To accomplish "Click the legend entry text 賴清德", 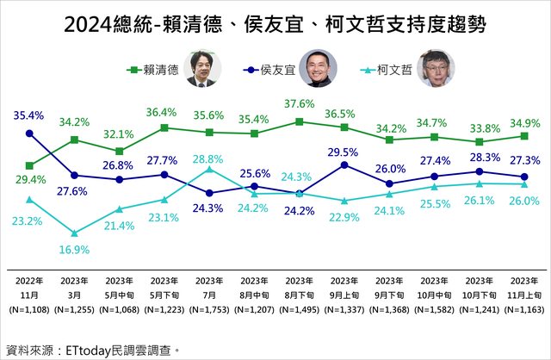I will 164,71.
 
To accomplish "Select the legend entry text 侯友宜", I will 289,71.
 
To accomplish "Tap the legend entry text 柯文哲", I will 396,71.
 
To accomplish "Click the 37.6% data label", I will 300,105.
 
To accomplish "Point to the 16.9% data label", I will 76,251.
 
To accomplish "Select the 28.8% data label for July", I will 209,159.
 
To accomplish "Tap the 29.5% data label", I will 344,152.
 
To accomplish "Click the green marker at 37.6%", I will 299,121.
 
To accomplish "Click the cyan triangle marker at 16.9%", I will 75,233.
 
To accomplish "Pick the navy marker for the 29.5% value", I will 344,164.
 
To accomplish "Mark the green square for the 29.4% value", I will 30,165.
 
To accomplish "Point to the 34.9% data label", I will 524,120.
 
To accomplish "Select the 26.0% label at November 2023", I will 524,201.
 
